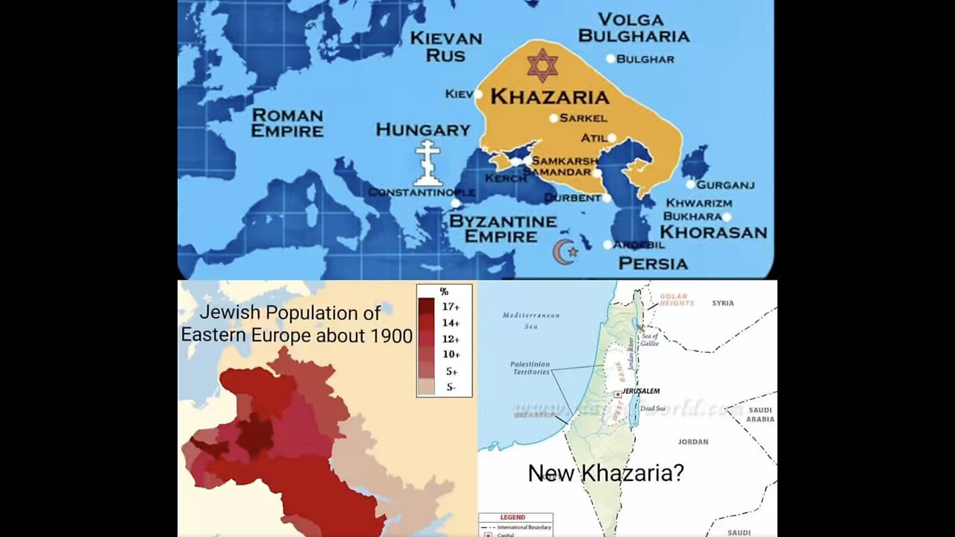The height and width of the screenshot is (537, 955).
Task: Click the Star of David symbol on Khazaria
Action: tap(542, 65)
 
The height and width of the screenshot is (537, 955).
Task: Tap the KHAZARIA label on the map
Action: tap(549, 96)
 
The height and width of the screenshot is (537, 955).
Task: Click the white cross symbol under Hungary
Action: tap(428, 163)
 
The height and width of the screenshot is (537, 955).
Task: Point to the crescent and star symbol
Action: tap(565, 252)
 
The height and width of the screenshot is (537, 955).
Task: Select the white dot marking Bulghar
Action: tap(610, 59)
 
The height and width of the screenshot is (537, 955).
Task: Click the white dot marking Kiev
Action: tap(478, 94)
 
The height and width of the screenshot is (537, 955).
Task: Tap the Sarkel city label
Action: tap(583, 118)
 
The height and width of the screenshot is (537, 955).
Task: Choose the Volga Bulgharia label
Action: tap(633, 28)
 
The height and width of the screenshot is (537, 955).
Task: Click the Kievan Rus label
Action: tap(446, 46)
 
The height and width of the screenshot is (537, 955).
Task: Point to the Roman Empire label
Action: tap(287, 123)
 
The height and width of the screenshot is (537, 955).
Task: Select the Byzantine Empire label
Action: tap(502, 229)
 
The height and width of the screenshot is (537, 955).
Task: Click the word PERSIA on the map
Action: tap(653, 263)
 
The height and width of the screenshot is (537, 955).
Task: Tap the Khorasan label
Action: tap(713, 232)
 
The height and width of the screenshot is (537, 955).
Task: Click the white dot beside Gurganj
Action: tap(691, 184)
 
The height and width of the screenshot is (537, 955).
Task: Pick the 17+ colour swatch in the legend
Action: tap(427, 306)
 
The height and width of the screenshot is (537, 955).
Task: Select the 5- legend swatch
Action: tap(427, 386)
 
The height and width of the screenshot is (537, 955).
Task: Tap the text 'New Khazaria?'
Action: tap(605, 472)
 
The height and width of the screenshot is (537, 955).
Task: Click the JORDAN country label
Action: tap(692, 442)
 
